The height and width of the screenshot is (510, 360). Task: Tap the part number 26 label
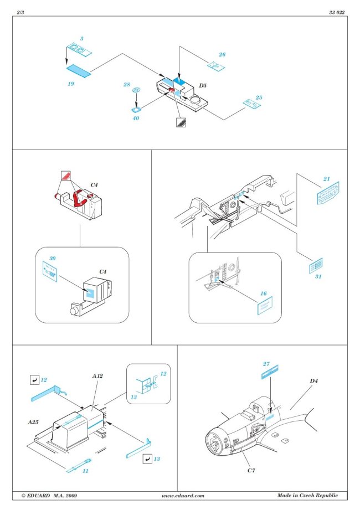pos(222,55)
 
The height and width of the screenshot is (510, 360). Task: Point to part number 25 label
pos(259,97)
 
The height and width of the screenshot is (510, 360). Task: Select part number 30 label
pos(53,259)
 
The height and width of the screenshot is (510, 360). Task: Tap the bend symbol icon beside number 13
pos(147,459)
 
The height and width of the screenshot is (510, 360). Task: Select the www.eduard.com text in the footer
pos(183,496)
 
